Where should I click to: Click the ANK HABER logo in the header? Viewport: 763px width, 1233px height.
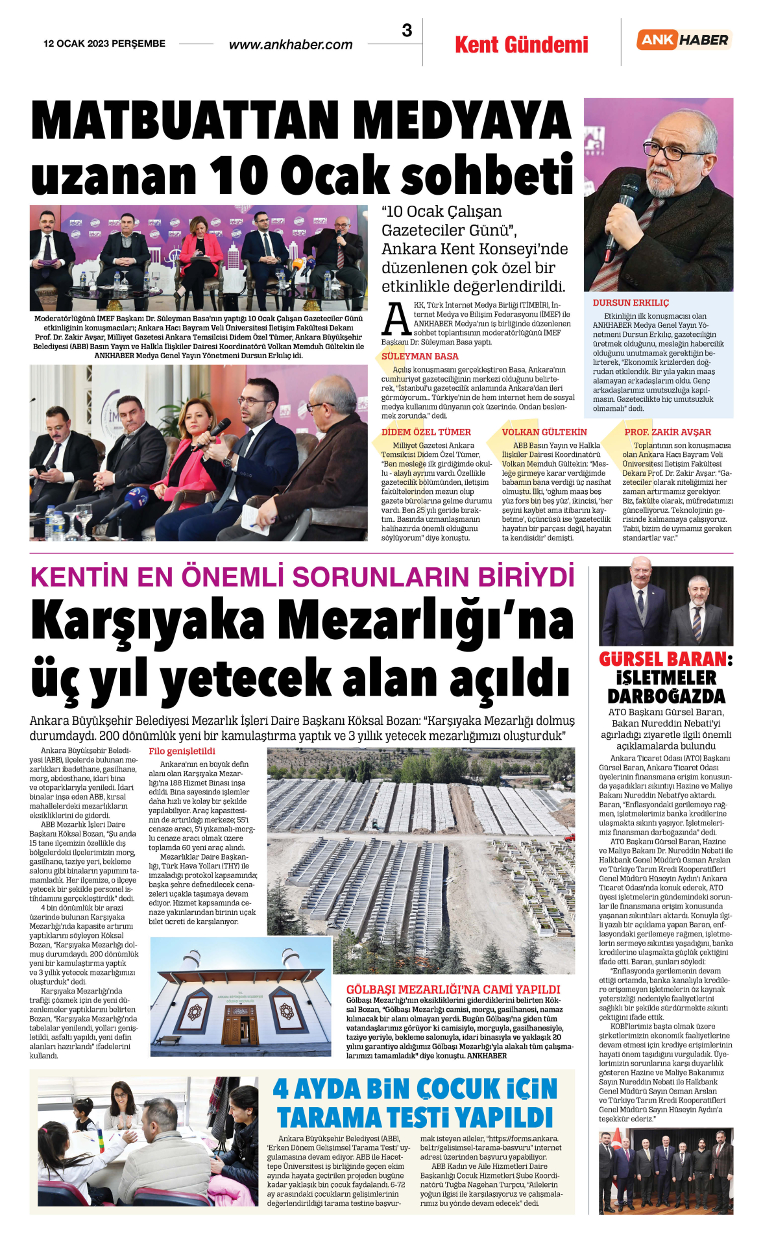[x=684, y=40]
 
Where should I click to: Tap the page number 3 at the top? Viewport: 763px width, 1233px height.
[x=407, y=31]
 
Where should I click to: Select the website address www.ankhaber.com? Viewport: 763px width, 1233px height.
[x=291, y=45]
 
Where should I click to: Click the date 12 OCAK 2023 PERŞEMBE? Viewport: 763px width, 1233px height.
[x=104, y=43]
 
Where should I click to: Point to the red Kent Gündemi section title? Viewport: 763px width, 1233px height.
[x=522, y=45]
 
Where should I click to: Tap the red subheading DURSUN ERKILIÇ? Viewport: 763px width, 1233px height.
[x=631, y=302]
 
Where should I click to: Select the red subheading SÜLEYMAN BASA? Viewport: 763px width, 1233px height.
[x=420, y=356]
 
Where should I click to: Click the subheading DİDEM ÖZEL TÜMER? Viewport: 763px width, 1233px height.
[x=426, y=432]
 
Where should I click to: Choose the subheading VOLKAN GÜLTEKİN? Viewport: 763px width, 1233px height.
[x=544, y=432]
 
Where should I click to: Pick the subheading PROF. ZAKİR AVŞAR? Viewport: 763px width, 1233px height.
[x=668, y=432]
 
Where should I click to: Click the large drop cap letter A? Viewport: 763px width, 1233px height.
[x=396, y=319]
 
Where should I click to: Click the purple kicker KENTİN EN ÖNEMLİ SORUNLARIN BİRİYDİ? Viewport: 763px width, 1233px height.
[x=302, y=577]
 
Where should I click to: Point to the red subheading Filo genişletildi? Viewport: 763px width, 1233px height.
[x=182, y=751]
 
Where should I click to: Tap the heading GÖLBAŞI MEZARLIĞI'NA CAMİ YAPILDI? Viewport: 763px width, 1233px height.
[x=453, y=989]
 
